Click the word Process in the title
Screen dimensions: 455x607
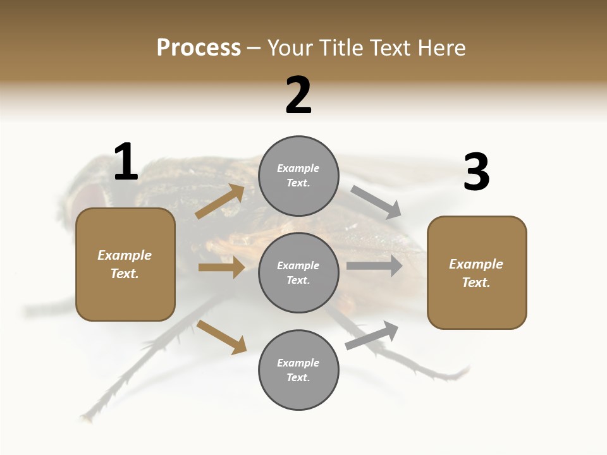(x=199, y=48)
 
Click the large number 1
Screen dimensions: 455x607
(x=126, y=162)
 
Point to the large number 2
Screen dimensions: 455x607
(x=298, y=95)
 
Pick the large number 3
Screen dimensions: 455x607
(x=476, y=173)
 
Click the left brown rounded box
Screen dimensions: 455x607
(x=125, y=264)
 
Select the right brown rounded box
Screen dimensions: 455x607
(x=477, y=273)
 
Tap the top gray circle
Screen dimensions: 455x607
(x=298, y=176)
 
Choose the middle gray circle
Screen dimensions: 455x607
(x=298, y=273)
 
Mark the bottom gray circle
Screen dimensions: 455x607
(x=298, y=370)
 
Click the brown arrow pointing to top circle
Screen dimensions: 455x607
(x=220, y=202)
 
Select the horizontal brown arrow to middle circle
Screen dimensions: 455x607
(x=221, y=267)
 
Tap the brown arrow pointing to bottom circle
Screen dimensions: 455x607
(x=221, y=337)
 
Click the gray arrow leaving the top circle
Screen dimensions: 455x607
(x=376, y=202)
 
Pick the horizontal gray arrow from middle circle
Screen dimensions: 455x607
(x=374, y=266)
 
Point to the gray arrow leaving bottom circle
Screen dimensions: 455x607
(x=372, y=335)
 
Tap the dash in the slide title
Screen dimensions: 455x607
(x=254, y=48)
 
